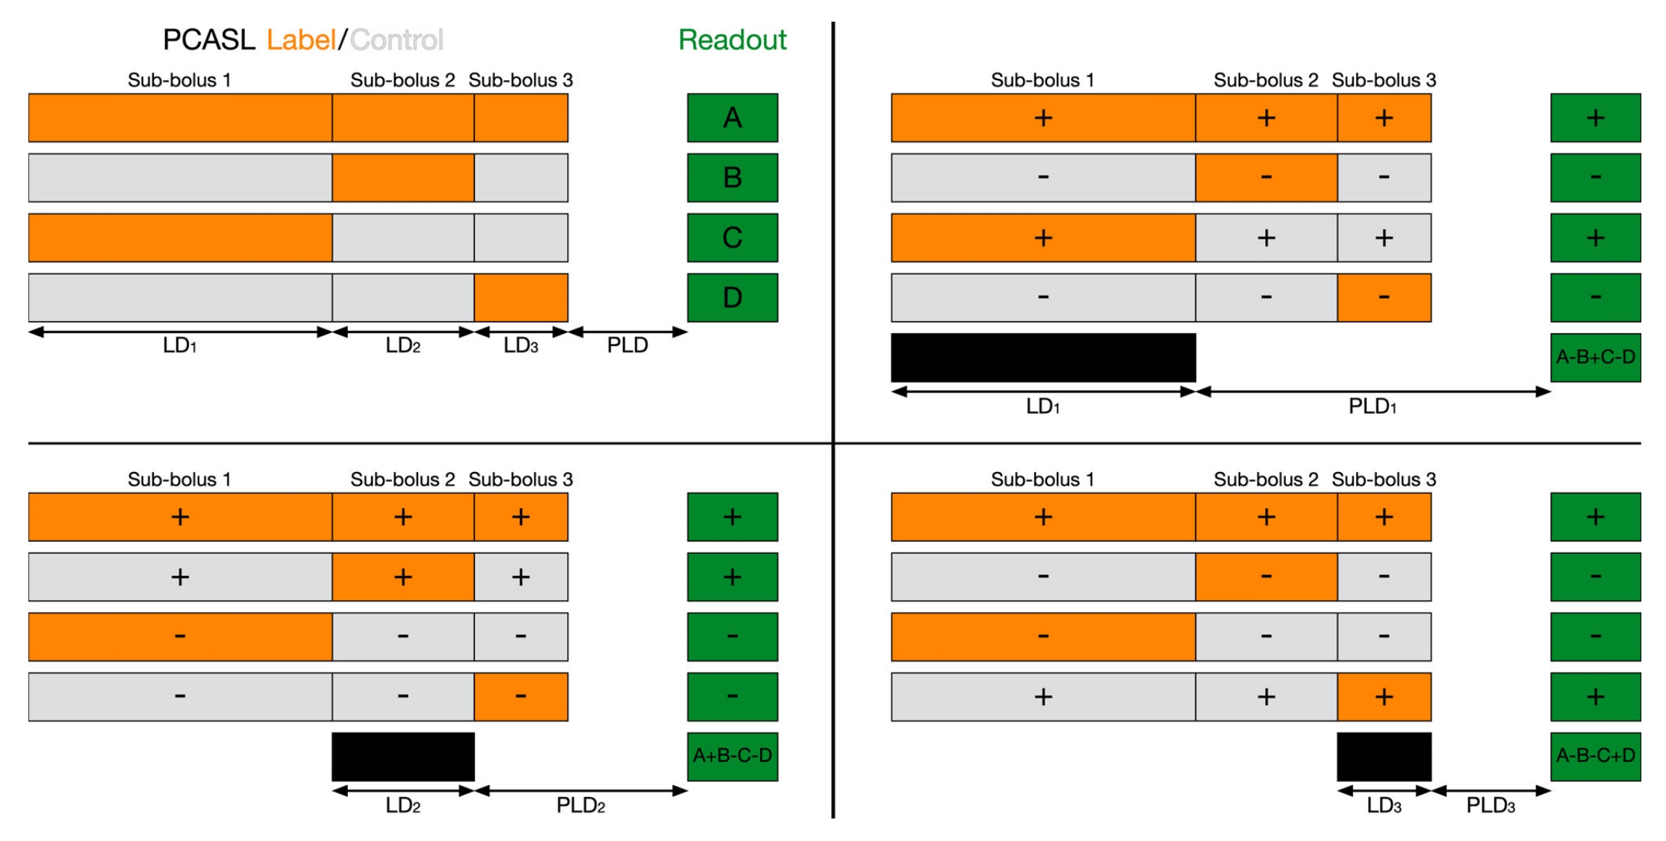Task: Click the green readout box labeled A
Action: coord(732,118)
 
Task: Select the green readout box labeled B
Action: coord(732,178)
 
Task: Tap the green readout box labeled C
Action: coord(732,238)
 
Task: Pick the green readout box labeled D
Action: coord(732,297)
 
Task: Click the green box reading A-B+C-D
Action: coord(1595,357)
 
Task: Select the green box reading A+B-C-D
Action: coord(732,756)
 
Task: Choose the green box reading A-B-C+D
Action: coord(1595,756)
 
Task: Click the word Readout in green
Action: coord(732,40)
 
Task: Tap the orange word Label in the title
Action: coord(301,40)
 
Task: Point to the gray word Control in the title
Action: coord(397,40)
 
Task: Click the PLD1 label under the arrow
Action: coord(1372,407)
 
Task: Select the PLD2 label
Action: coord(580,806)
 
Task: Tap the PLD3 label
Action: coord(1490,806)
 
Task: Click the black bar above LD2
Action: coord(402,756)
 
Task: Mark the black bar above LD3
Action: coord(1384,756)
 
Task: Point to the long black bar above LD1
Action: coord(1042,357)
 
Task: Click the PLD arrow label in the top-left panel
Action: coord(627,345)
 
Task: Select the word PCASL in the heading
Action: coord(209,40)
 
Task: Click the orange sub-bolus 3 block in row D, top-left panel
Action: coord(520,297)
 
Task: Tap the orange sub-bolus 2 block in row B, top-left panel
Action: coord(402,178)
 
